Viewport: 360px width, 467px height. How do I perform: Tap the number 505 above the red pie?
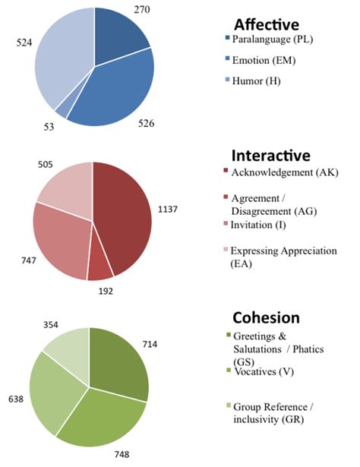(47, 162)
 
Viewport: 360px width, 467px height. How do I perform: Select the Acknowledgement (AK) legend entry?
(285, 172)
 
